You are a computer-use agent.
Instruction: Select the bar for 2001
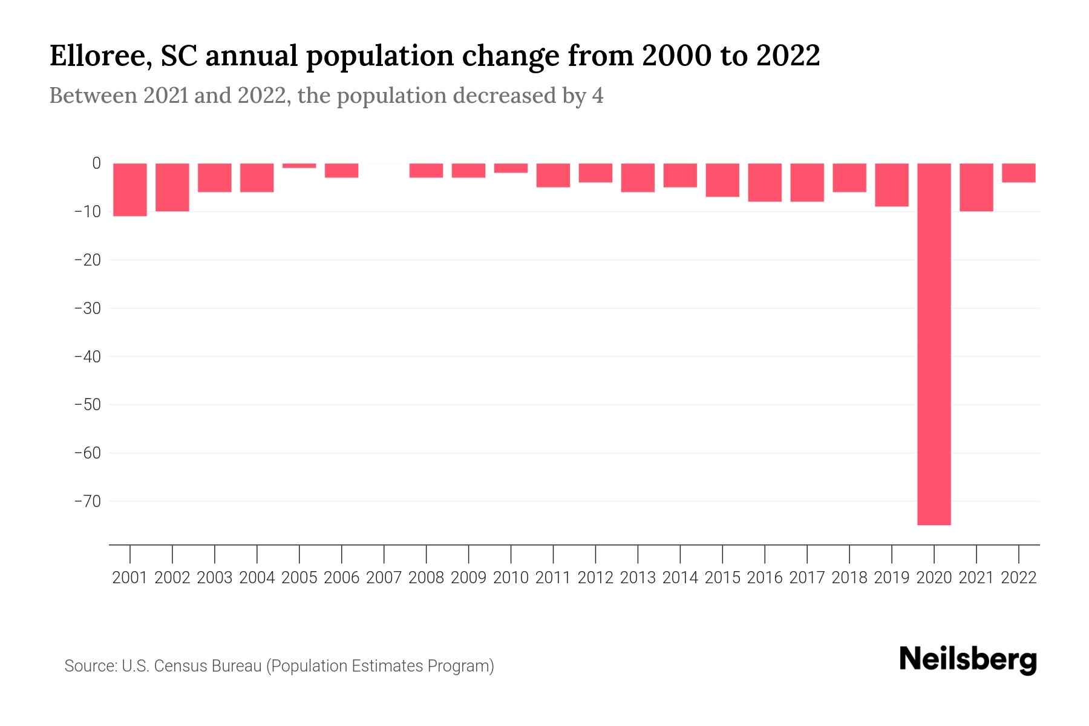pyautogui.click(x=130, y=189)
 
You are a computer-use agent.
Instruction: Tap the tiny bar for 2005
pyautogui.click(x=299, y=166)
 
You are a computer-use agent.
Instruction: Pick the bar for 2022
pyautogui.click(x=1019, y=173)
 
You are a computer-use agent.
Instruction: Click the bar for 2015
pyautogui.click(x=722, y=180)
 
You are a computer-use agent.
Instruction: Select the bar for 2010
pyautogui.click(x=511, y=168)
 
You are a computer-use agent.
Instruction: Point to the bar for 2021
pyautogui.click(x=976, y=187)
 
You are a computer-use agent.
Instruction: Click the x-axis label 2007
pyautogui.click(x=384, y=578)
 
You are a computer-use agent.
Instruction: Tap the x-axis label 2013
pyautogui.click(x=638, y=578)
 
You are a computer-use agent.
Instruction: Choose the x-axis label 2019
pyautogui.click(x=892, y=578)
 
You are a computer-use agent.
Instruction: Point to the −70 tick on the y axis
pyautogui.click(x=87, y=502)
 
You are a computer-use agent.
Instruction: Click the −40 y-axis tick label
pyautogui.click(x=87, y=356)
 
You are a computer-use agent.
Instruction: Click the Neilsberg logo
pyautogui.click(x=968, y=661)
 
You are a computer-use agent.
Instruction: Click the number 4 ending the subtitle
pyautogui.click(x=597, y=96)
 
